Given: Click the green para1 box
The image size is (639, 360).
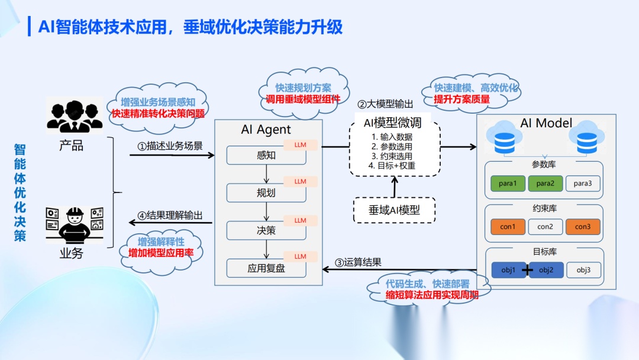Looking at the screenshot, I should (508, 184).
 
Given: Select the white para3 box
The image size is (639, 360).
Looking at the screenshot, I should (582, 184).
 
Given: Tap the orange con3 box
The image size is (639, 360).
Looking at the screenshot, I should (582, 227).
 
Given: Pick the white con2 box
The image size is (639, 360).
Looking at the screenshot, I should (545, 227).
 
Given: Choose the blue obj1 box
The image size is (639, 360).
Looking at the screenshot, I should (508, 271).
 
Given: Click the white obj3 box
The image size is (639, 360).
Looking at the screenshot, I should (583, 271).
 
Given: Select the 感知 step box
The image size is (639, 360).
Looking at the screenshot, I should (266, 156).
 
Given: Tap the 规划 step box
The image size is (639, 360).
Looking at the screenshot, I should (266, 193).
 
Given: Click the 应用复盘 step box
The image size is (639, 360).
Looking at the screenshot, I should (266, 268).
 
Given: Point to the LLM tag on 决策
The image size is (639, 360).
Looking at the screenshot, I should (301, 220).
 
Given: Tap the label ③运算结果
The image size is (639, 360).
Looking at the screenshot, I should (359, 262).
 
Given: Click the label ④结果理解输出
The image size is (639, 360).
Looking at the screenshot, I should (170, 216).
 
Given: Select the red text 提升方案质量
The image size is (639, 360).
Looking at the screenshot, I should (461, 99).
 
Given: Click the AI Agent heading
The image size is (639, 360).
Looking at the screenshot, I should (266, 130).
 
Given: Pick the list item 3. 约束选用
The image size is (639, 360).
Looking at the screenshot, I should (392, 156).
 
